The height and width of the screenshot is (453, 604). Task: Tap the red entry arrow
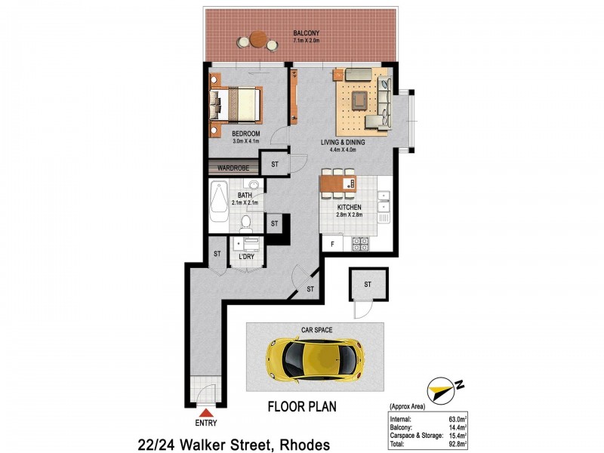click(x=207, y=412)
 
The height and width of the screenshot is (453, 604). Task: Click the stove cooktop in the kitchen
click(x=360, y=244)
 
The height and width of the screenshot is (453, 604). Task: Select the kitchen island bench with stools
click(x=338, y=184)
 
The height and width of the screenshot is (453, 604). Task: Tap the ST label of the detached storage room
click(x=368, y=284)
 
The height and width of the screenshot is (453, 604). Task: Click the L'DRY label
click(x=246, y=257)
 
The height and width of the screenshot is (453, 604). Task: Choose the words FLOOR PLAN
click(x=302, y=406)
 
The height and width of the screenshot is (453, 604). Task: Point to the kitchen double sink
click(x=384, y=201)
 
